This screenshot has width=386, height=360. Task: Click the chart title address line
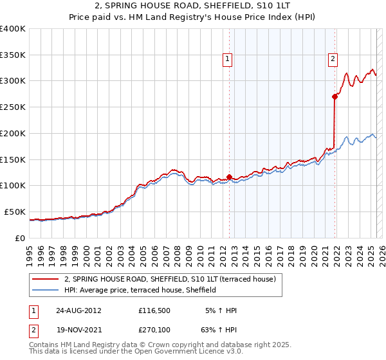[x=193, y=7]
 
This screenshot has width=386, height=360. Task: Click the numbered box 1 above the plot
[x=228, y=60]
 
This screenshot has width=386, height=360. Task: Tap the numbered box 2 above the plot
[x=333, y=60]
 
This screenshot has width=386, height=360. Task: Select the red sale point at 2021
[x=335, y=96]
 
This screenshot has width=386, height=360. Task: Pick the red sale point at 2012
[x=229, y=177]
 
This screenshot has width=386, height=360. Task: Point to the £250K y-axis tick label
[x=13, y=107]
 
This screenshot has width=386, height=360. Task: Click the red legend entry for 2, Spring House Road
[x=170, y=279]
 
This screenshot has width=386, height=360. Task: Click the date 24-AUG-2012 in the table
[x=78, y=310]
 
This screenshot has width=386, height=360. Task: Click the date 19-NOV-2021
[x=78, y=330]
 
